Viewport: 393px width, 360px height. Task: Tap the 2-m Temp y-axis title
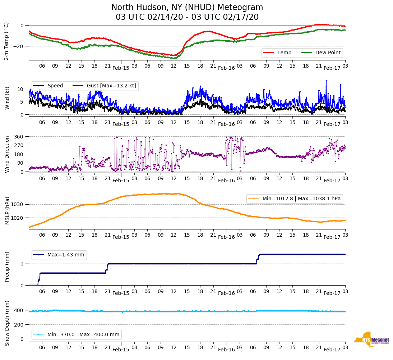6,41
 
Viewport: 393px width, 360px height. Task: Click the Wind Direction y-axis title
7,154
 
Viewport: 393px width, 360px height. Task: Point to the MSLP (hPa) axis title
7,211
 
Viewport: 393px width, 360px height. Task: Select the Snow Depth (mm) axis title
7,323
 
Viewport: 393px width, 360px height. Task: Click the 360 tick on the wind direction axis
19,137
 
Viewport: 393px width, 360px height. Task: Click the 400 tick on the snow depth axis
19,310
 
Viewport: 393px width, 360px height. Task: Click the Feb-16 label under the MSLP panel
226,237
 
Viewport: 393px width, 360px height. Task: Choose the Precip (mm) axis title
7,267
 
